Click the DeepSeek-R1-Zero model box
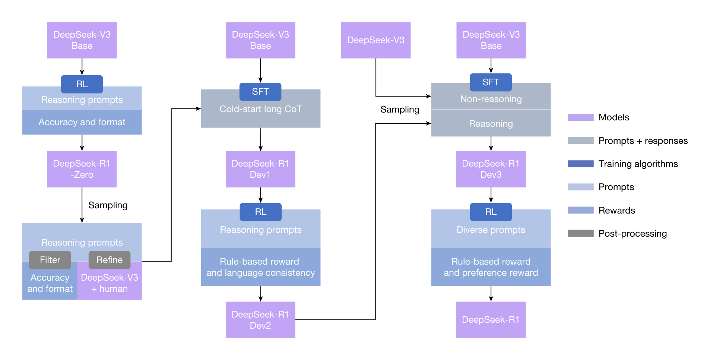(82, 169)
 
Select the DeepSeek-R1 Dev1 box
(260, 169)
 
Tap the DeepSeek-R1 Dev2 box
(260, 320)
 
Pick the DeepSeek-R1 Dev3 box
(491, 169)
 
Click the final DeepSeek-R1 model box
(491, 320)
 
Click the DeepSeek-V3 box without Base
(375, 40)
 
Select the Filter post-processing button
(50, 260)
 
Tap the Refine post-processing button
(109, 260)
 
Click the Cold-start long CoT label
(260, 109)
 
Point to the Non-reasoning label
(491, 99)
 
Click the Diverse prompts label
(491, 230)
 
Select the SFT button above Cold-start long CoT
(260, 92)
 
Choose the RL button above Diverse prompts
(491, 212)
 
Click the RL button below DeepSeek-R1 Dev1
(260, 212)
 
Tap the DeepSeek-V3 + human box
(109, 283)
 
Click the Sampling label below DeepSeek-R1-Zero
(108, 205)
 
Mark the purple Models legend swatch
(580, 117)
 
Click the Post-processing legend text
(632, 234)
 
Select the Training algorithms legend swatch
(580, 164)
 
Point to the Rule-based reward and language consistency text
(260, 267)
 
